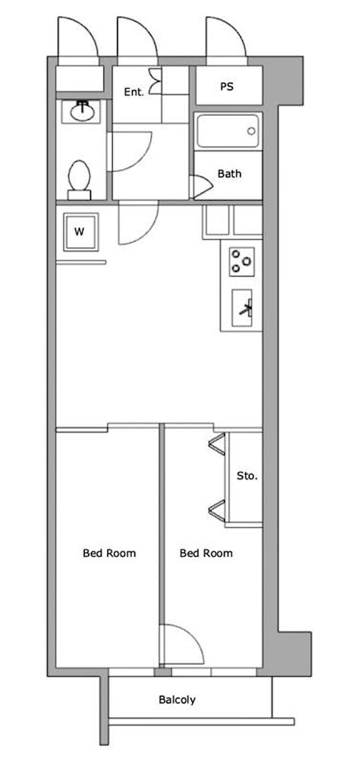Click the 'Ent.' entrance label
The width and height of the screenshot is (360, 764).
tap(134, 92)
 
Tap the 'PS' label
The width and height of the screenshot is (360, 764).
tap(227, 86)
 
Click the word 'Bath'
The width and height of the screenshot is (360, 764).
tap(229, 174)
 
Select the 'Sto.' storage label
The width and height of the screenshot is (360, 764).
tap(247, 476)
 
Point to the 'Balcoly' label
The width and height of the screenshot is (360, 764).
tap(177, 700)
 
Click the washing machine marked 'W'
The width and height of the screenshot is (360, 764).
tap(81, 232)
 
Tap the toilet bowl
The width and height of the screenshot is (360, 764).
tap(79, 180)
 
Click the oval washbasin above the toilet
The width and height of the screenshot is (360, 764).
tap(82, 112)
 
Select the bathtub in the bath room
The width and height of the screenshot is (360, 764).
tap(228, 131)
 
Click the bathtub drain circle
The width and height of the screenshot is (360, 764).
tap(252, 131)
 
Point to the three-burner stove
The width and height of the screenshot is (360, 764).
tap(242, 262)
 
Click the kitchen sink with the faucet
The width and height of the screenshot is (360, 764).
tap(242, 308)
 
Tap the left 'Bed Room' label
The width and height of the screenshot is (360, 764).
tap(109, 553)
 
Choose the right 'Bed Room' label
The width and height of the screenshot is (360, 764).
tap(206, 553)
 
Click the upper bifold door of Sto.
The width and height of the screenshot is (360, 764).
tap(217, 444)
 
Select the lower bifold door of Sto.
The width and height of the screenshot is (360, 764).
tap(217, 511)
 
